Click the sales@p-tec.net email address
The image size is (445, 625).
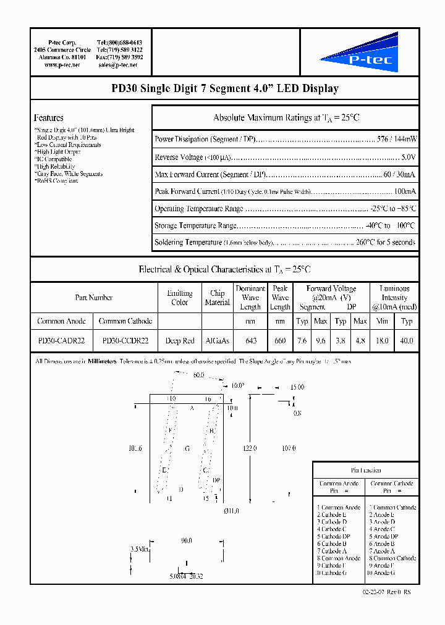pyautogui.click(x=120, y=64)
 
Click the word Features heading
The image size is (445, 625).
pyautogui.click(x=49, y=118)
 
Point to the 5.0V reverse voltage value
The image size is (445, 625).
pyautogui.click(x=408, y=157)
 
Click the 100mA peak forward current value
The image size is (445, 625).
pyautogui.click(x=405, y=192)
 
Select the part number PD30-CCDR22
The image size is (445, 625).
pyautogui.click(x=125, y=340)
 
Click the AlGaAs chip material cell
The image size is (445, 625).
pyautogui.click(x=217, y=340)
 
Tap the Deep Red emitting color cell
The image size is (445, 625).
pyautogui.click(x=179, y=340)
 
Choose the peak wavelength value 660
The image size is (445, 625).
pyautogui.click(x=280, y=340)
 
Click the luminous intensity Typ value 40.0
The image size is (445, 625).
pyautogui.click(x=406, y=340)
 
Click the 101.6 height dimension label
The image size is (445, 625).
pyautogui.click(x=135, y=448)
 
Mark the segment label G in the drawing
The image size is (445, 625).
pyautogui.click(x=187, y=448)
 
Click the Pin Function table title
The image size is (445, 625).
pyautogui.click(x=366, y=470)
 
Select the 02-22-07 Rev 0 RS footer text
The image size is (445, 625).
pyautogui.click(x=387, y=592)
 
